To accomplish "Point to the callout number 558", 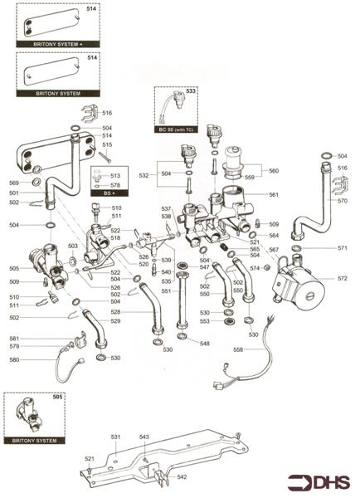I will (238, 351).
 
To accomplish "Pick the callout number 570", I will (343, 201).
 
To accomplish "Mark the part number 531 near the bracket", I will (116, 436).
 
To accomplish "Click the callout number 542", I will (182, 477).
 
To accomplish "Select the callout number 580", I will (14, 359).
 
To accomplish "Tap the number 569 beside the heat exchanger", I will (13, 183).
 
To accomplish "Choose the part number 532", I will (144, 176).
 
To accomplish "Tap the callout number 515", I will (107, 145).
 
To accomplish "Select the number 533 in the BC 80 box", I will (190, 90).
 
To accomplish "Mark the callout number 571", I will (343, 248).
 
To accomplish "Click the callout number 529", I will (116, 321).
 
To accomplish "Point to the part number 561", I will (273, 195).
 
